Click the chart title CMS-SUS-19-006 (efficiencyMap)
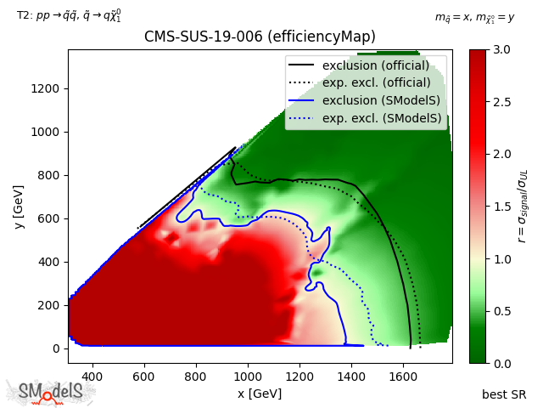[x=260, y=37]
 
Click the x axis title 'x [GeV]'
[x=260, y=394]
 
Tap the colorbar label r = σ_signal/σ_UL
[x=523, y=207]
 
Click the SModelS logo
[x=51, y=392]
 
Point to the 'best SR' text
[x=504, y=394]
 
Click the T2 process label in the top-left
[x=69, y=15]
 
